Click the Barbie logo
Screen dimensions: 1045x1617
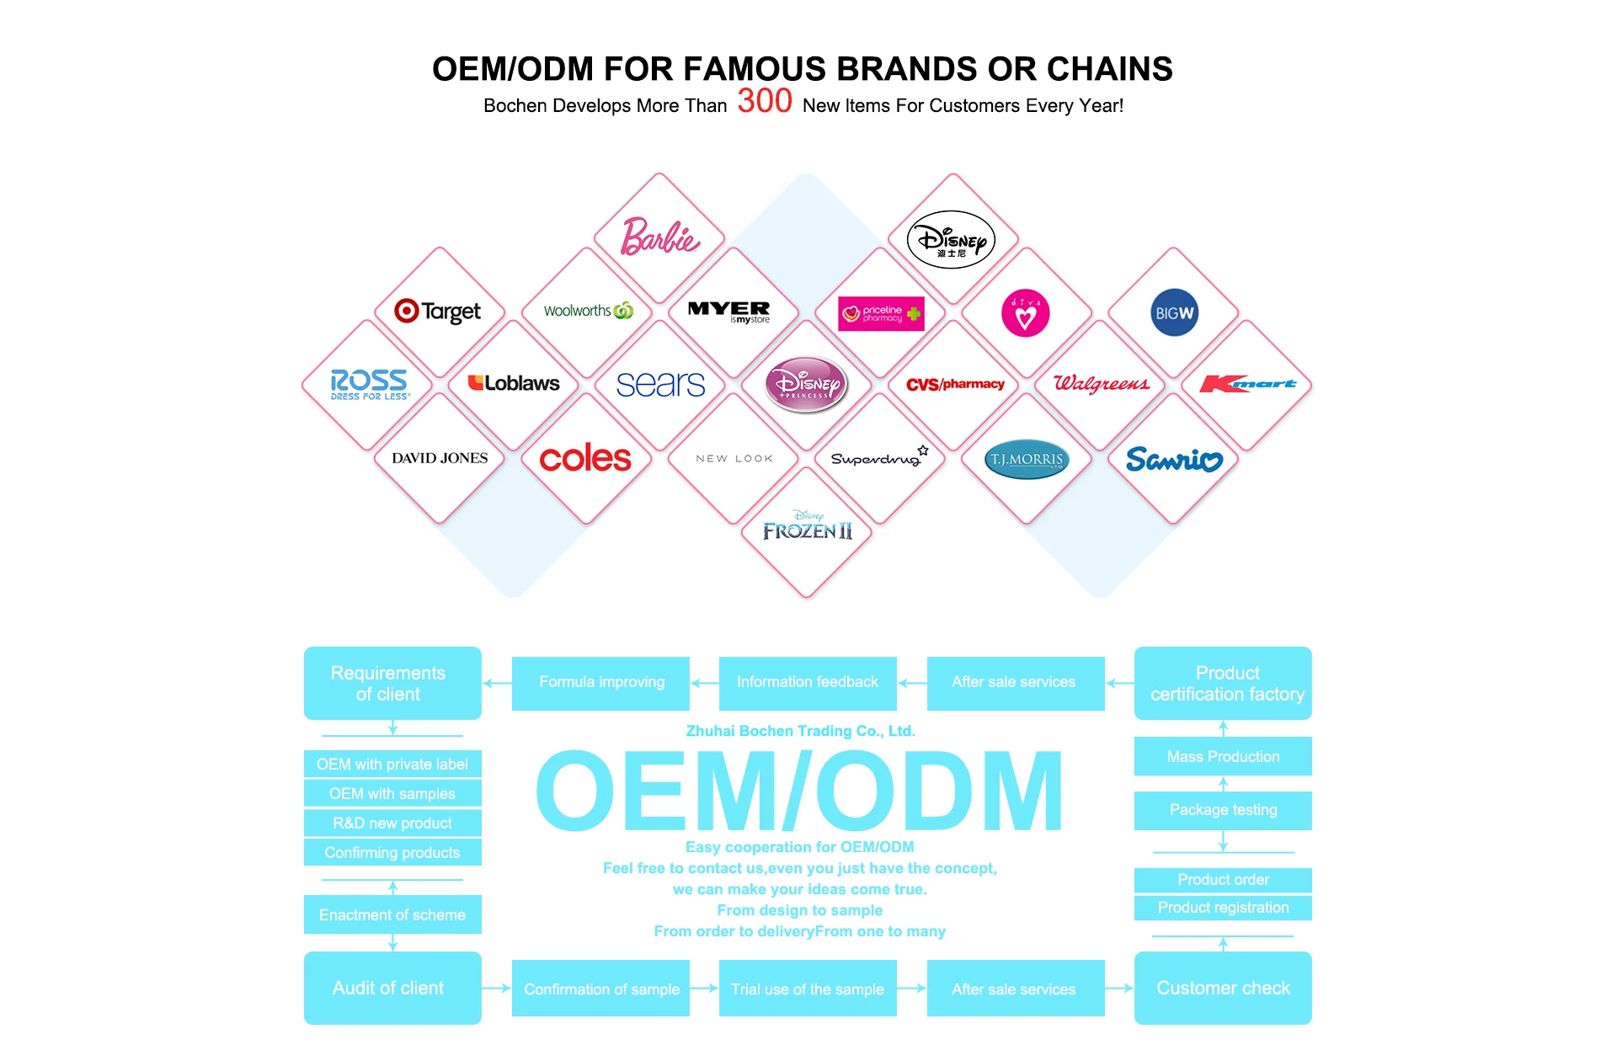(660, 237)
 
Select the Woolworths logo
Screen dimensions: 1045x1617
(588, 311)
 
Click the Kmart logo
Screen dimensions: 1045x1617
(1247, 384)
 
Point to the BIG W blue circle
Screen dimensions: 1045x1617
(1174, 312)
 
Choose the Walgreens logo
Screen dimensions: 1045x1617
(1101, 384)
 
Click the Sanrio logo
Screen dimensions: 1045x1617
(1174, 459)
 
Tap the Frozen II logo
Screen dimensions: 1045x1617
(807, 528)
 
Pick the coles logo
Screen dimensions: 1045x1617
(585, 459)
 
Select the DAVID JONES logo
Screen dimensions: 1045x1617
(440, 458)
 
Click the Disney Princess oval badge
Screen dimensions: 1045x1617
(806, 384)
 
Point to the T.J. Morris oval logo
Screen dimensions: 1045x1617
(1027, 459)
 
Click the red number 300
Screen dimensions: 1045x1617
(765, 101)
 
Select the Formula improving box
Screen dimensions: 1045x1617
(601, 682)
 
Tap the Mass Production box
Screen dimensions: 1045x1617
(1223, 756)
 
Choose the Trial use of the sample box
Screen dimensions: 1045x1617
(807, 989)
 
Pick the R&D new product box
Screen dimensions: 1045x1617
(392, 823)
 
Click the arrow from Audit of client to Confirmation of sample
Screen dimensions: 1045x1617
(497, 988)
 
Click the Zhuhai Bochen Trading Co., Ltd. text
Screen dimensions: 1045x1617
(800, 731)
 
